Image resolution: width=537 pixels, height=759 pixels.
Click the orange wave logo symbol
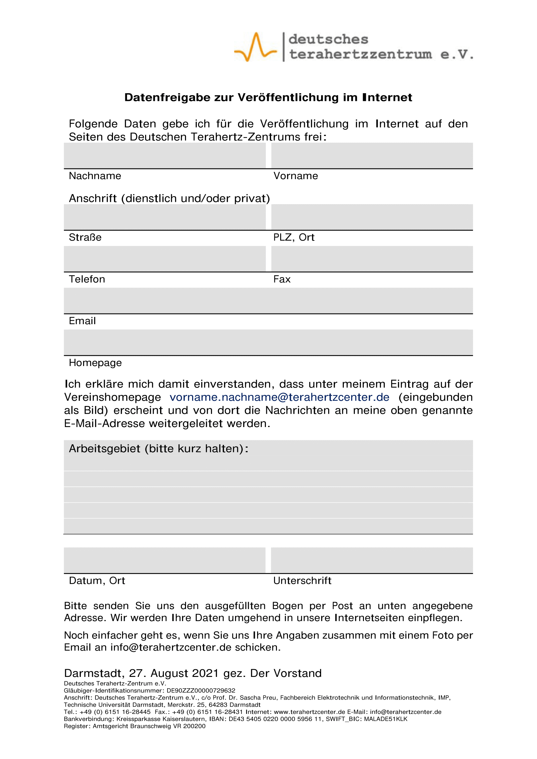coord(255,47)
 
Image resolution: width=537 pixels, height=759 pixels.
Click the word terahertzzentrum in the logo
coord(361,54)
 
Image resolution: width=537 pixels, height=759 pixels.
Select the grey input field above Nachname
coord(165,155)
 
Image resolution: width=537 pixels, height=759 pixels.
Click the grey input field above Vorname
coord(372,155)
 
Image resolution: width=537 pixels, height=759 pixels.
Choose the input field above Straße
coord(165,217)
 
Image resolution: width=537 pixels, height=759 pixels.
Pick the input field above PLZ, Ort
coord(372,217)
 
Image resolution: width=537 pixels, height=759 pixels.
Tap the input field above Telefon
coord(165,259)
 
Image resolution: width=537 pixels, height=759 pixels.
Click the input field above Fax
coord(372,259)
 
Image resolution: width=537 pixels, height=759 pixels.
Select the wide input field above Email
coord(268,300)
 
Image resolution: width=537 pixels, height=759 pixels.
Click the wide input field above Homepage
coord(268,342)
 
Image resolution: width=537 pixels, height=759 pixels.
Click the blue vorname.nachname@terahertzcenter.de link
coord(280,397)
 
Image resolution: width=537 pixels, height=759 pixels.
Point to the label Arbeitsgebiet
coord(105,448)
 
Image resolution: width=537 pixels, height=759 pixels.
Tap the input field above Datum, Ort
coord(165,560)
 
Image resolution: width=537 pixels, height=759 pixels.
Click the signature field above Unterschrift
coord(372,560)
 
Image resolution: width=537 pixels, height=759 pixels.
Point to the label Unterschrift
coord(302,581)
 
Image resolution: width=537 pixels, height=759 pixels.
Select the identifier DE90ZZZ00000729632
coord(201,691)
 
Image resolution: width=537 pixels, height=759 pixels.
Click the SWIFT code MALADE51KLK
coord(386,719)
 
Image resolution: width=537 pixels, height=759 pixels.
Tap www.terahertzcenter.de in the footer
coord(309,712)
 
